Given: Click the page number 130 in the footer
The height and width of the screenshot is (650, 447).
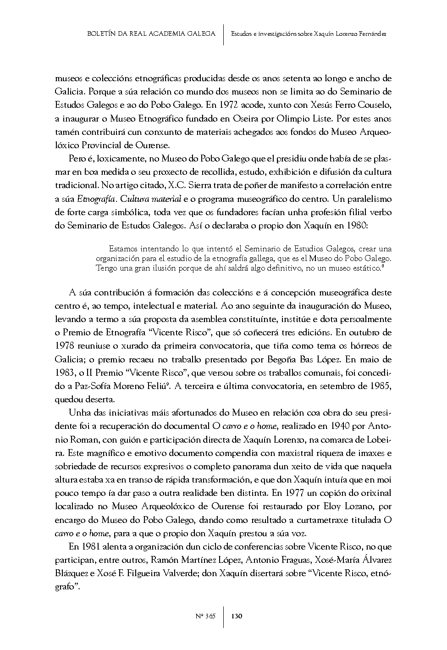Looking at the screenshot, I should coord(237,616).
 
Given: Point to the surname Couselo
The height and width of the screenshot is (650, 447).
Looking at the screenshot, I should coord(374,105).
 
